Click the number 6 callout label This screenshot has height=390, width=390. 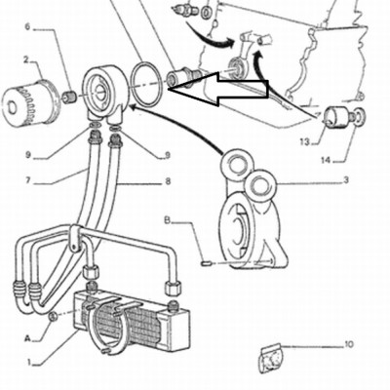pyautogui.click(x=27, y=26)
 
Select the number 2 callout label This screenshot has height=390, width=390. pyautogui.click(x=26, y=59)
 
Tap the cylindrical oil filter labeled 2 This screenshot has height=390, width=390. pyautogui.click(x=28, y=103)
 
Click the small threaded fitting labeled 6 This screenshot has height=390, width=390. pyautogui.click(x=69, y=97)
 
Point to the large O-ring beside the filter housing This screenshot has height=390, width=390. pyautogui.click(x=146, y=84)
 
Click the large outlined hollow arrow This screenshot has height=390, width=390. pyautogui.click(x=218, y=89)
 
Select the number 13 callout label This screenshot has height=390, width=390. pyautogui.click(x=305, y=141)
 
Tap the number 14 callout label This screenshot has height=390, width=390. pyautogui.click(x=327, y=160)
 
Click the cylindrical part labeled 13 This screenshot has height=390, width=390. pyautogui.click(x=335, y=118)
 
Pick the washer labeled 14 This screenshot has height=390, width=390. pyautogui.click(x=359, y=117)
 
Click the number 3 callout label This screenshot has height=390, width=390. pyautogui.click(x=346, y=179)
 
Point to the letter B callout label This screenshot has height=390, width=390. pyautogui.click(x=167, y=220)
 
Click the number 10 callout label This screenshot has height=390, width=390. pyautogui.click(x=348, y=344)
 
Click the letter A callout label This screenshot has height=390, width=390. pyautogui.click(x=28, y=339)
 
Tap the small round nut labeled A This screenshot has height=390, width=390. pyautogui.click(x=54, y=316)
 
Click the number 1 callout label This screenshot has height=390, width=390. pyautogui.click(x=29, y=362)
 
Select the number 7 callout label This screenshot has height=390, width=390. pyautogui.click(x=27, y=180)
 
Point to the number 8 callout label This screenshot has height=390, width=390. pyautogui.click(x=168, y=180)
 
